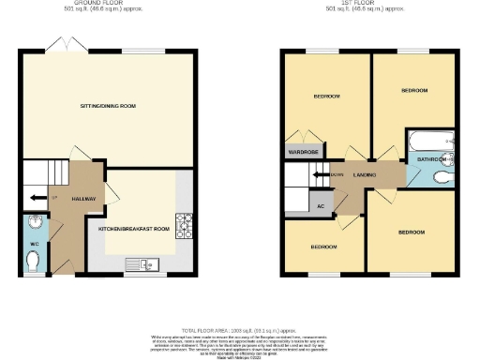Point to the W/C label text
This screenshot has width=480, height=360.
coord(33,244)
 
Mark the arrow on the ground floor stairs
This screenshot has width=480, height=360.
coord(35,198)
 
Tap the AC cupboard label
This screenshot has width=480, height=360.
coord(321,205)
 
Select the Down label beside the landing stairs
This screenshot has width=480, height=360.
coord(337,174)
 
